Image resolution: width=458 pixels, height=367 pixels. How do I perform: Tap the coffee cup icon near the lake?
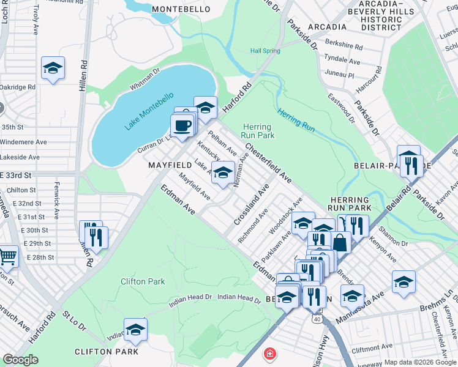pyautogui.click(x=182, y=126)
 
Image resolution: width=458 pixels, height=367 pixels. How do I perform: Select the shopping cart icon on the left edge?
pyautogui.click(x=6, y=257)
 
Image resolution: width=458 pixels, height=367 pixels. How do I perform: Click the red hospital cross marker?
pyautogui.click(x=269, y=354)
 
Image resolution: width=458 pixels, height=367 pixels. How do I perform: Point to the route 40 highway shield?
pyautogui.click(x=316, y=319)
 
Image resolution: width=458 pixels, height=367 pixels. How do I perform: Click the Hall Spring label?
pyautogui.click(x=265, y=51)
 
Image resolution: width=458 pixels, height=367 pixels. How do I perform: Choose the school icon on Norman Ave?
pyautogui.click(x=223, y=172)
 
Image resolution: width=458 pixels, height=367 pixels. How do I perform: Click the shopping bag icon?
pyautogui.click(x=340, y=242)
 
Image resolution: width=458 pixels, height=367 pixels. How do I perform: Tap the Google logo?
pyautogui.click(x=20, y=360)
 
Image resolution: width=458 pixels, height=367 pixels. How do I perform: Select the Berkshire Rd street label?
pyautogui.click(x=343, y=46)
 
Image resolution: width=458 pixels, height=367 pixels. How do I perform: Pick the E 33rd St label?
pyautogui.click(x=19, y=175)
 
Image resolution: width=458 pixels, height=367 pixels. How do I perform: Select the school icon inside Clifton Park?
pyautogui.click(x=135, y=330)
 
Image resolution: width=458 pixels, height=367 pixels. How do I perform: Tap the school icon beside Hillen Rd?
pyautogui.click(x=53, y=69)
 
